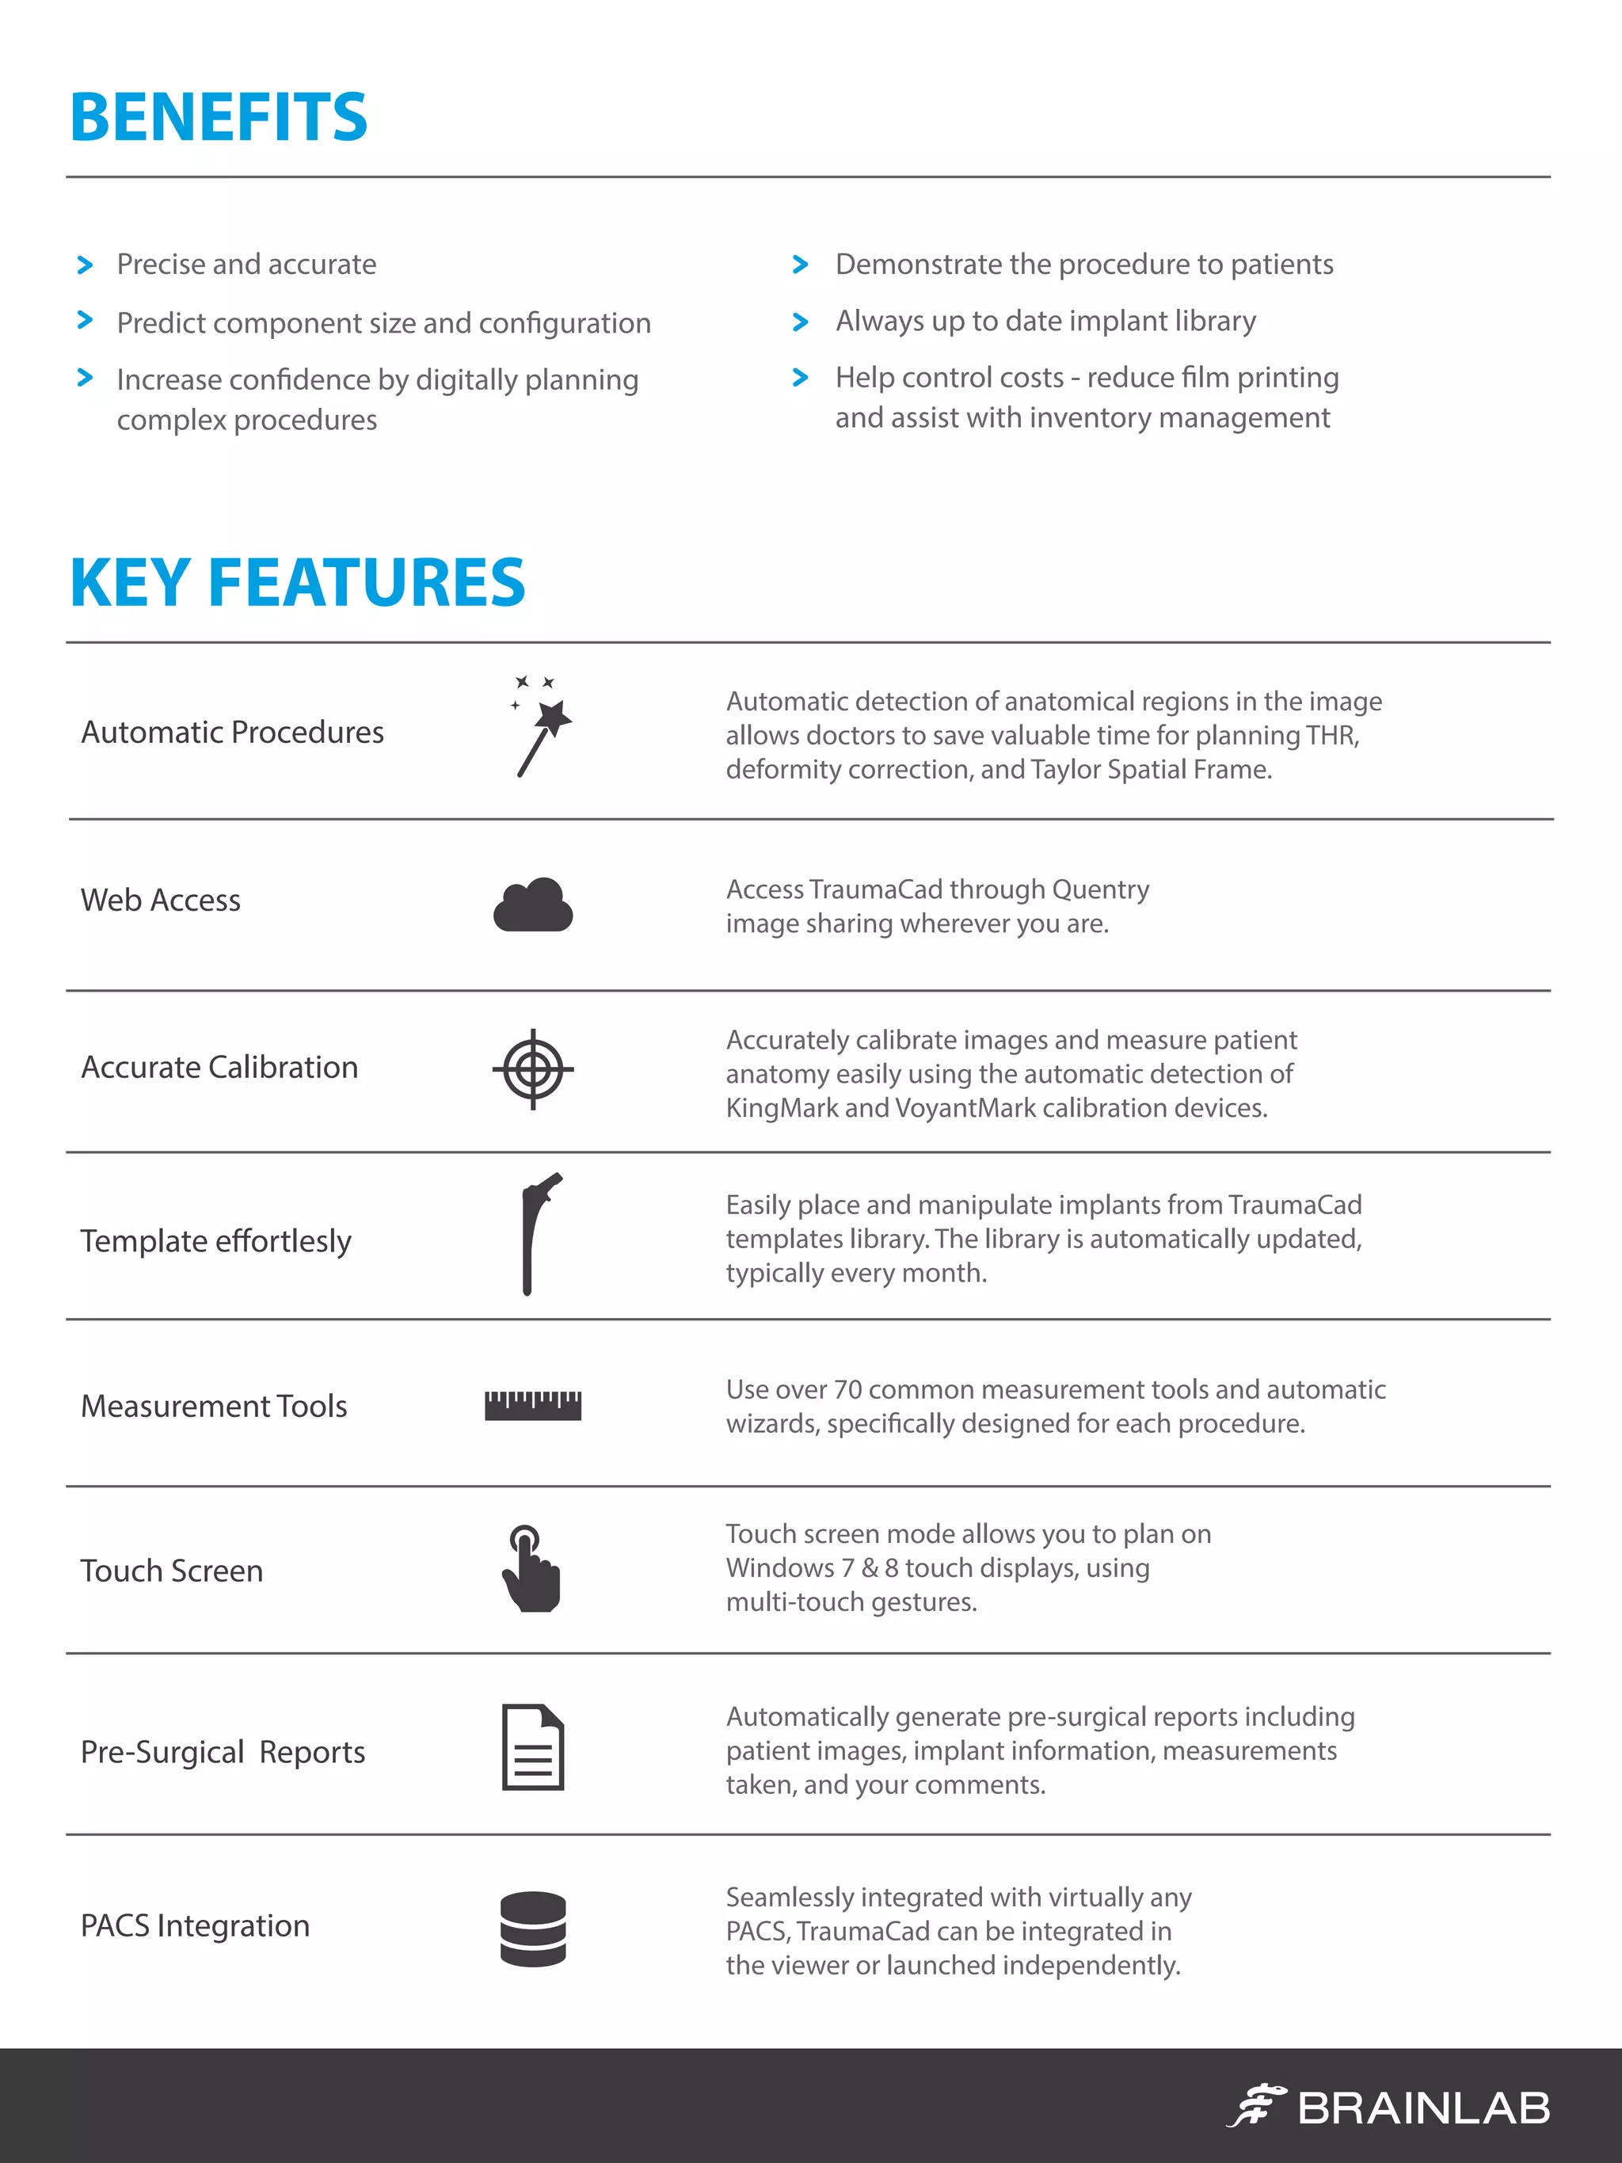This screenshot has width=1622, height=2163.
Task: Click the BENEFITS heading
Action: point(219,117)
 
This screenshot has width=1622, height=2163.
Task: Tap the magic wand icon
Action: point(541,726)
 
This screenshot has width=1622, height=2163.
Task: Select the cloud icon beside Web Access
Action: point(533,904)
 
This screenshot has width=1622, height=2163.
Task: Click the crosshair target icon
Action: point(533,1068)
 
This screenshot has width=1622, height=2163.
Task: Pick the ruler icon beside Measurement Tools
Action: point(533,1405)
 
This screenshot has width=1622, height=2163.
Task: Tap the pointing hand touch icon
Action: point(531,1568)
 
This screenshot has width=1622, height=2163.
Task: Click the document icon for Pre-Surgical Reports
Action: point(533,1747)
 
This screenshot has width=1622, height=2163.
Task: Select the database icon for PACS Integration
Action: point(533,1929)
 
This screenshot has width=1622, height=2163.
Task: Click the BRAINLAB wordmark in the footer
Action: point(1423,2108)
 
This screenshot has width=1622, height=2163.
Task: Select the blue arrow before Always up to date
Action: point(801,322)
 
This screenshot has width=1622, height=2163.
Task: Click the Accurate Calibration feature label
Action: point(220,1067)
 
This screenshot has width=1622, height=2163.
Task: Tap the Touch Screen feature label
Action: point(172,1571)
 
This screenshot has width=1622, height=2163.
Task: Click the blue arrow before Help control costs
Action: point(801,378)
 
